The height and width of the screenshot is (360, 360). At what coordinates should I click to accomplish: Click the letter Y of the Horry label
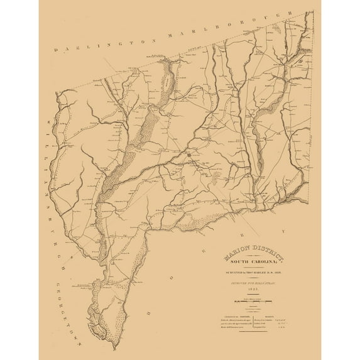[x=284, y=232]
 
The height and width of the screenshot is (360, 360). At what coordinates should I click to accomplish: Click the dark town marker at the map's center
[x=188, y=153]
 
